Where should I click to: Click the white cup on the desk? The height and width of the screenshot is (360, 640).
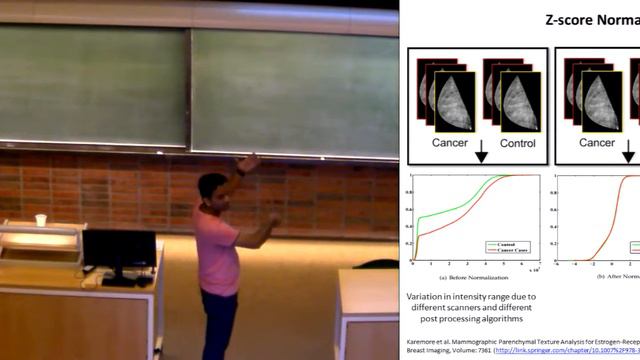click(41, 220)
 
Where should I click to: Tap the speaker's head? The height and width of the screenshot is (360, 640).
click(211, 188)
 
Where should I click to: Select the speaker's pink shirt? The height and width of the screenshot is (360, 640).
click(216, 250)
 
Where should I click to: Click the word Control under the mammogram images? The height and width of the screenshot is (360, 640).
click(517, 143)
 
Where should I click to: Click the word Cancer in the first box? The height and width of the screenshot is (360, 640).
click(449, 143)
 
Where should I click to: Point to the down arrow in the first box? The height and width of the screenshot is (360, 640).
click(482, 152)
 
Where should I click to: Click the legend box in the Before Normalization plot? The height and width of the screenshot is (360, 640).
click(505, 246)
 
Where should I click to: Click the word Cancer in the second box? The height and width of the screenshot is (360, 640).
click(596, 143)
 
